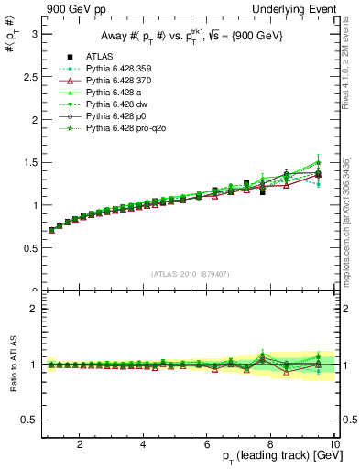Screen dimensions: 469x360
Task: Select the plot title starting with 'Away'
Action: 186,37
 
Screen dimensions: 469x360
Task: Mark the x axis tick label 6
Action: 207,443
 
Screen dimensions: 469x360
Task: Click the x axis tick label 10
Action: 333,443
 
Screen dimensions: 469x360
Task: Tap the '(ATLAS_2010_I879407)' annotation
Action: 189,273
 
